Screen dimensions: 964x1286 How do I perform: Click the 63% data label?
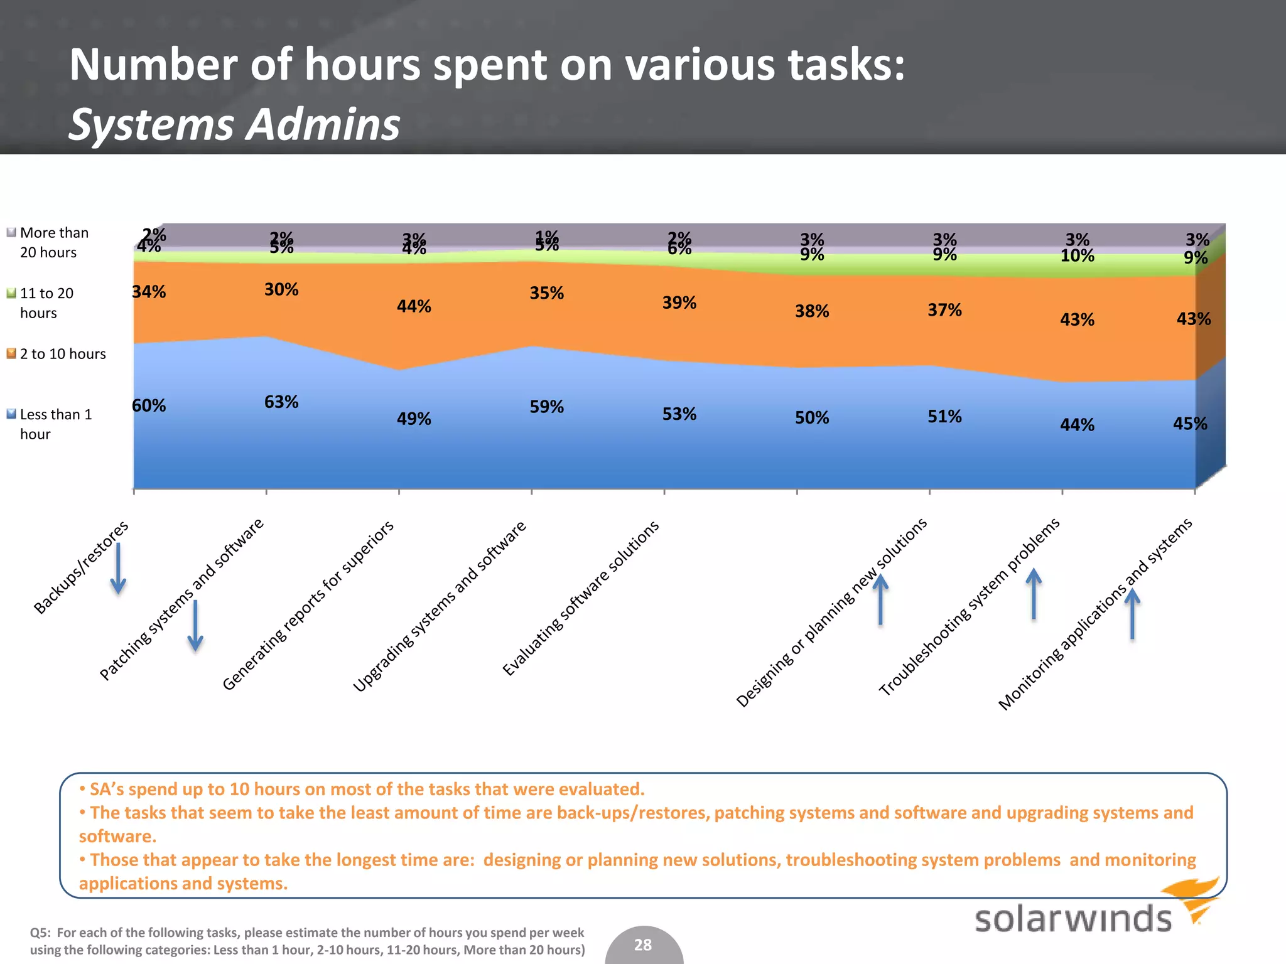281,402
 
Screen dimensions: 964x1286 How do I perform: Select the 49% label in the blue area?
414,419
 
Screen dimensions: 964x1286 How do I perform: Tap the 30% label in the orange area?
281,289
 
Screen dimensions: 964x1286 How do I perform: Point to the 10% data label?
1077,256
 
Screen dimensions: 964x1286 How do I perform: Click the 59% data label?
546,407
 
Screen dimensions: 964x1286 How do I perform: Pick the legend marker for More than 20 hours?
11,233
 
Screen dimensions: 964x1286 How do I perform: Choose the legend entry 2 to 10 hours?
63,354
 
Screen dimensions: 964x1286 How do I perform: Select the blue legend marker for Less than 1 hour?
11,414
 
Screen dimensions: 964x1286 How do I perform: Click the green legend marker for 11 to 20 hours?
11,293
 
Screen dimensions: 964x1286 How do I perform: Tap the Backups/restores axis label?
81,567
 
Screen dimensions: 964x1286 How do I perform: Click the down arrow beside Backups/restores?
118,569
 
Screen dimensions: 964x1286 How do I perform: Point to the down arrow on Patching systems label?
195,626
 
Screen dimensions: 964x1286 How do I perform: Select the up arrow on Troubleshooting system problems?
1034,594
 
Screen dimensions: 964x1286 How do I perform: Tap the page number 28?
643,945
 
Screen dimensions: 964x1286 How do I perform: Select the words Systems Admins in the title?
234,124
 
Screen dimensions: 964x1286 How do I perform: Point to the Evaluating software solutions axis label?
581,597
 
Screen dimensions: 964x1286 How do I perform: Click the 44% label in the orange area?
414,306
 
